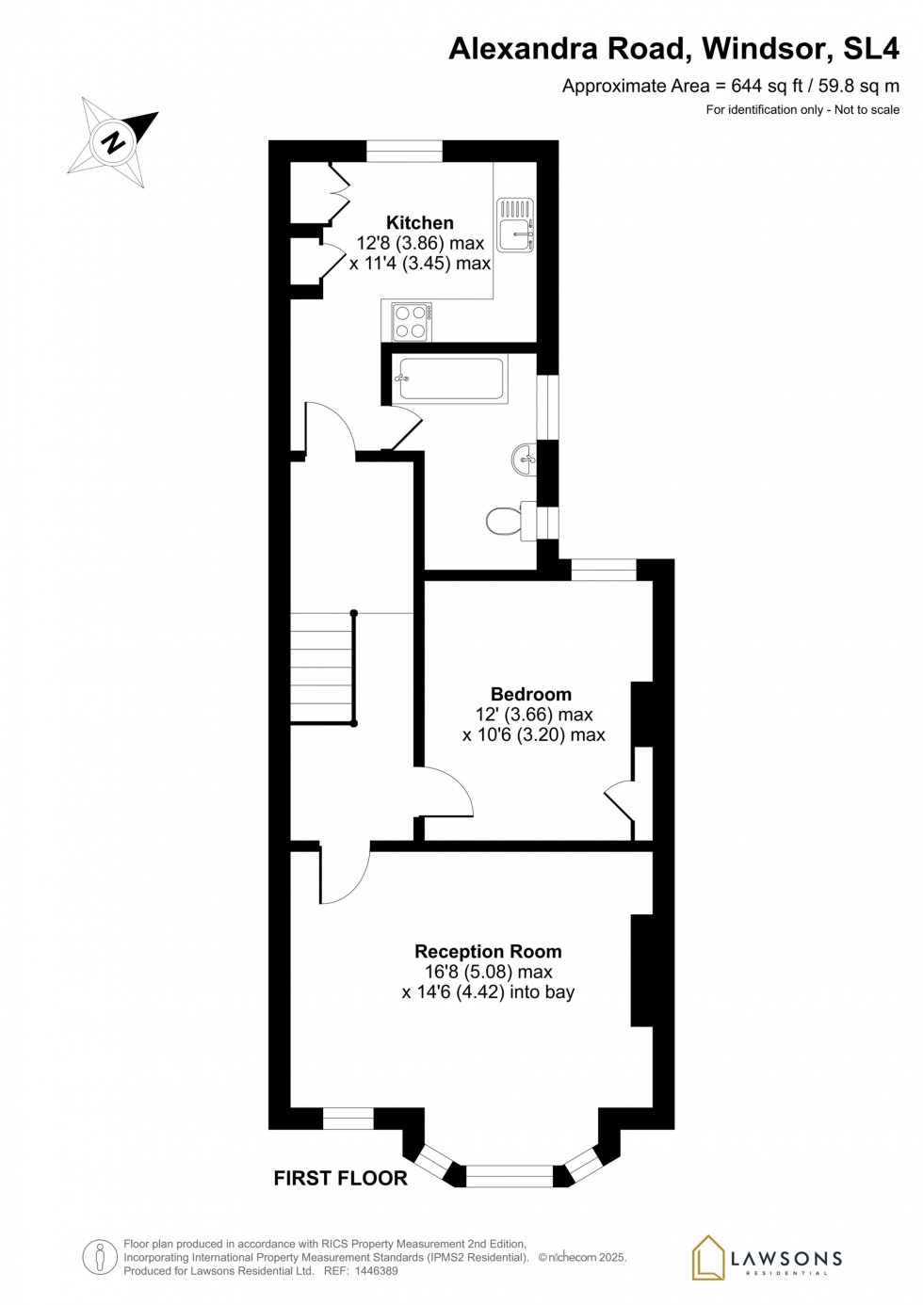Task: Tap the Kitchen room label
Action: tap(420, 223)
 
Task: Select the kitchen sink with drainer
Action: tap(515, 225)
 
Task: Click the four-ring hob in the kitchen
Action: tap(412, 322)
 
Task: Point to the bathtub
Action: tap(451, 379)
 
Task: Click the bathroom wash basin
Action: tap(526, 460)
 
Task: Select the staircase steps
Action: tap(321, 668)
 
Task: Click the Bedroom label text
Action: tap(531, 694)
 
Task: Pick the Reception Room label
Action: tap(488, 952)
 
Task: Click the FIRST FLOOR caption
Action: tap(340, 1178)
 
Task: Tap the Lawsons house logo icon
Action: tap(708, 1258)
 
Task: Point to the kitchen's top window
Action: tap(404, 151)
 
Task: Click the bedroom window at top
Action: tap(604, 570)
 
